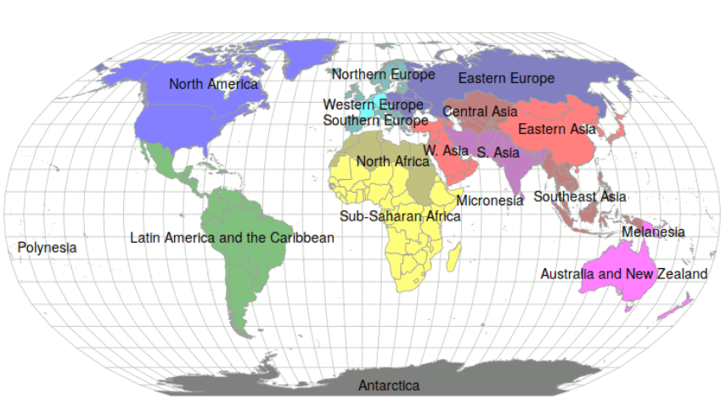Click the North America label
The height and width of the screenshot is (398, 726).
pos(213,84)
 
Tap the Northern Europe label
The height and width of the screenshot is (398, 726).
pos(383,75)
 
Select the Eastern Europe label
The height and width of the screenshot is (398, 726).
pos(506,79)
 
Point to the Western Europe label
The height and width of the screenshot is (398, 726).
pos(373,105)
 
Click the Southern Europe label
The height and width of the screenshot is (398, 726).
pos(375,121)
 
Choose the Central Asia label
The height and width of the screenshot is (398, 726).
pos(480,111)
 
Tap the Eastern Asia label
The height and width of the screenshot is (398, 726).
pos(557,130)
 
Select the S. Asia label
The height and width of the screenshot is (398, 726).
pos(498,153)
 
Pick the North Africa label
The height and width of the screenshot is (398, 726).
pos(392,161)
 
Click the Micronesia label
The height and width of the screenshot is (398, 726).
pos(490,201)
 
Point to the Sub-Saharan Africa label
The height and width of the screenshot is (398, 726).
pos(400,216)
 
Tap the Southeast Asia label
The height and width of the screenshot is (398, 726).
pos(580,197)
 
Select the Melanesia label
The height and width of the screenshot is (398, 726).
pos(653,232)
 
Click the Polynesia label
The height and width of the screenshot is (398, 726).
pos(47,248)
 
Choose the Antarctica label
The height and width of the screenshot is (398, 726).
pos(389,385)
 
